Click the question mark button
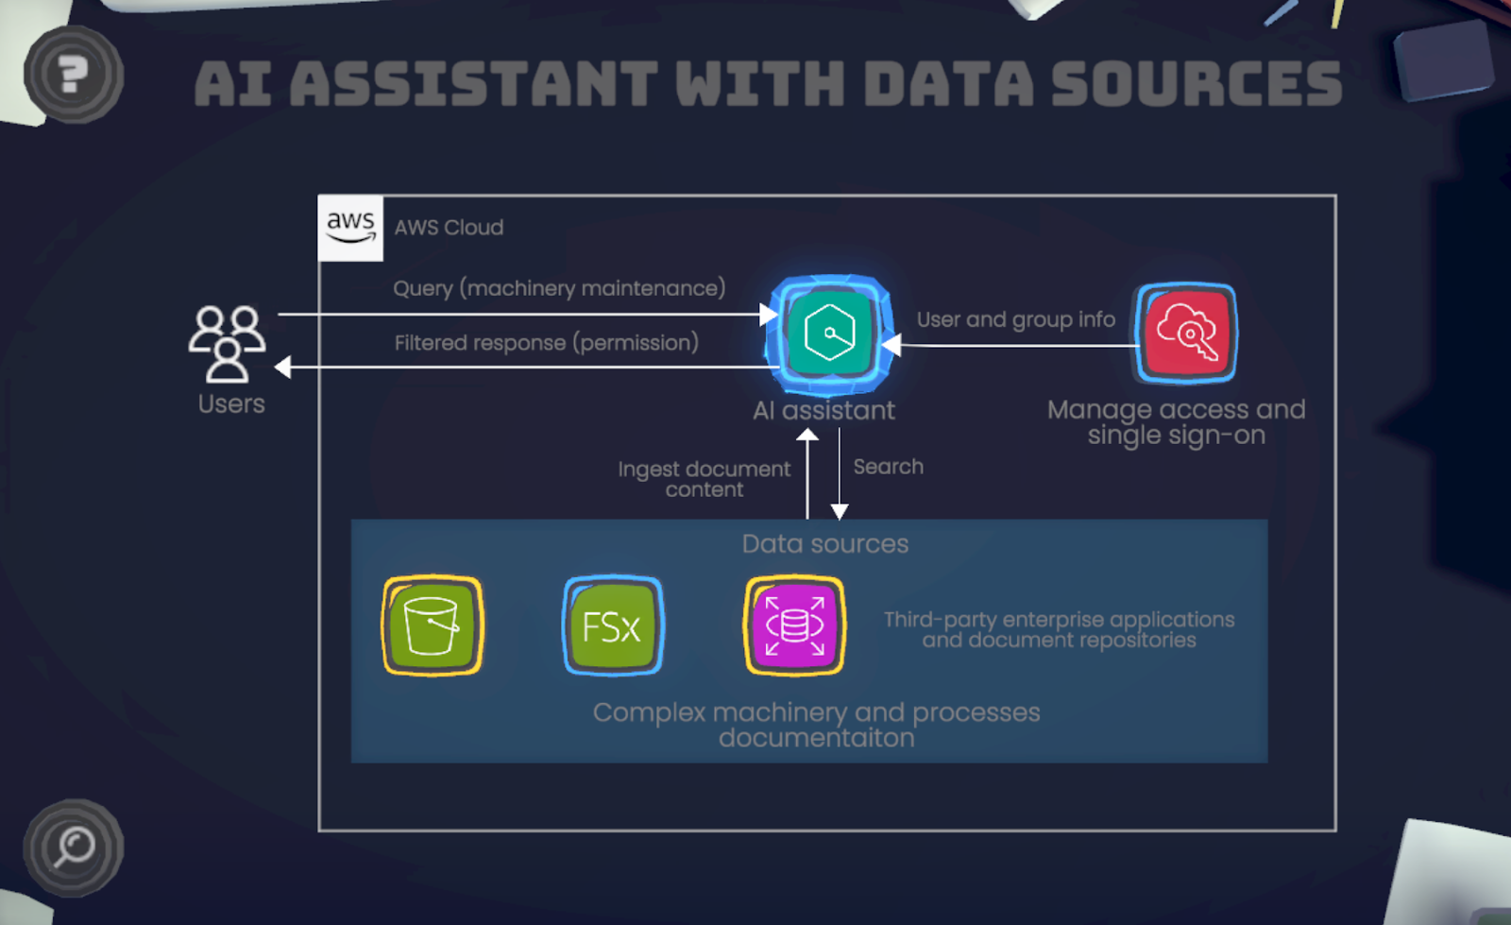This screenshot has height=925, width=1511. pos(73,75)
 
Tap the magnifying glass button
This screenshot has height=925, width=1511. pos(73,848)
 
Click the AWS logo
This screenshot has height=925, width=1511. pos(350,228)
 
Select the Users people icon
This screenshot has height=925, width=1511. pos(227,342)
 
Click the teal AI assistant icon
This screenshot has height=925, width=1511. pos(829,334)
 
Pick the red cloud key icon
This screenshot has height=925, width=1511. pos(1186,334)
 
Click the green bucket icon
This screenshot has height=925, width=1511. pos(433,625)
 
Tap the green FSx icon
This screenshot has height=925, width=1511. pos(613,625)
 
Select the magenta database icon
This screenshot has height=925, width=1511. pos(794,625)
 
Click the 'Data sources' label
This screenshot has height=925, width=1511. pos(824,544)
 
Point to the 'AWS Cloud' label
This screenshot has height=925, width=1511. pos(449,228)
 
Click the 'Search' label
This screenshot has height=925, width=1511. pos(888,467)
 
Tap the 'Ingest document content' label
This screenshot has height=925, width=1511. pos(705,479)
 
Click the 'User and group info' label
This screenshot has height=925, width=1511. pos(1015,319)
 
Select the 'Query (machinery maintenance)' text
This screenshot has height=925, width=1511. pos(559,288)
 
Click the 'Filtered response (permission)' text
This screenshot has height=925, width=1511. pos(546,343)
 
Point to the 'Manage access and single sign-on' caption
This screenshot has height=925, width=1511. pos(1176,422)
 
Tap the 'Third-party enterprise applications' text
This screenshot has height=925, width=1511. pos(1059,620)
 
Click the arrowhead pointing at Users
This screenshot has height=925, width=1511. pos(282,367)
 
